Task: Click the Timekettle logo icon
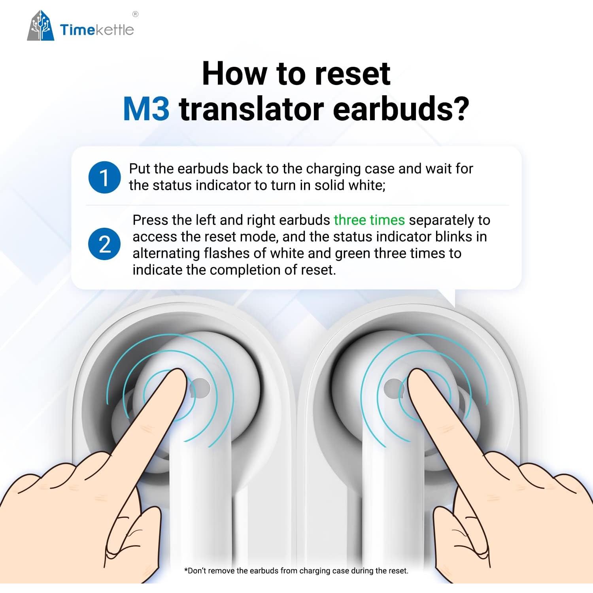(41, 26)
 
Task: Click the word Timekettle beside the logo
(97, 30)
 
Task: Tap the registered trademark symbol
(135, 14)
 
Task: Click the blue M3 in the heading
(146, 109)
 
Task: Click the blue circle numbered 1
(104, 177)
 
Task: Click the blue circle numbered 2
(104, 244)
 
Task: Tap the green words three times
(369, 220)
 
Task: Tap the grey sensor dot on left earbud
(200, 388)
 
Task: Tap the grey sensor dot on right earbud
(393, 388)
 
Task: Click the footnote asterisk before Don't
(186, 571)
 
